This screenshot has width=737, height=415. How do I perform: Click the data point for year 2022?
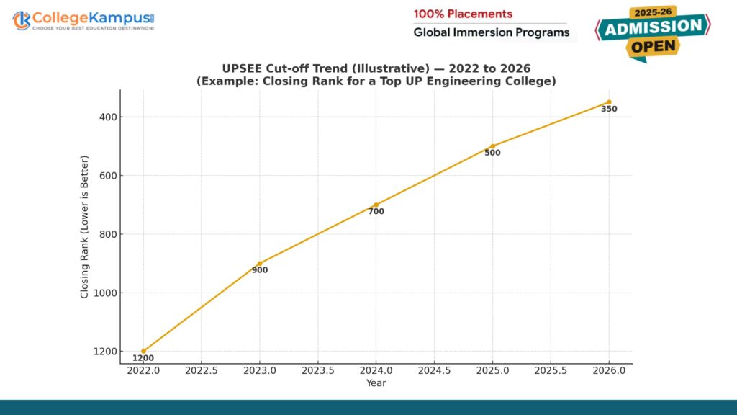pyautogui.click(x=143, y=351)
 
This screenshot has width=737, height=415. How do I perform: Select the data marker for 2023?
pyautogui.click(x=260, y=264)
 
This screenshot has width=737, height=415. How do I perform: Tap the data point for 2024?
pyautogui.click(x=376, y=205)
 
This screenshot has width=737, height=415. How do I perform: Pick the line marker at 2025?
pyautogui.click(x=492, y=146)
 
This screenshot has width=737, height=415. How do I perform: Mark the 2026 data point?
pyautogui.click(x=609, y=102)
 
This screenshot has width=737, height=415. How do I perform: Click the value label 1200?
pyautogui.click(x=143, y=358)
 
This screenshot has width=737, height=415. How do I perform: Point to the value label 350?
pyautogui.click(x=609, y=110)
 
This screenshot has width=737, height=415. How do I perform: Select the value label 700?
pyautogui.click(x=376, y=212)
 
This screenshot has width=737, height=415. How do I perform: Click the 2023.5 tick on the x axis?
pyautogui.click(x=318, y=370)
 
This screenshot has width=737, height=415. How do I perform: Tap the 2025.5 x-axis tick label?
pyautogui.click(x=551, y=370)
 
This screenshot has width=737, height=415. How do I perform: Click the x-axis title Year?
pyautogui.click(x=376, y=383)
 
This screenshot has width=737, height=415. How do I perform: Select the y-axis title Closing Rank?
pyautogui.click(x=84, y=226)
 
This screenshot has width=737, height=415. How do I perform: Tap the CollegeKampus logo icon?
pyautogui.click(x=22, y=20)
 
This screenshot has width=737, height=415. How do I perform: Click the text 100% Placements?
pyautogui.click(x=463, y=14)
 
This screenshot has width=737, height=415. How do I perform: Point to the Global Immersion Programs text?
pyautogui.click(x=491, y=32)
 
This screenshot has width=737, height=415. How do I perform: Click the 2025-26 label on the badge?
pyautogui.click(x=653, y=12)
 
